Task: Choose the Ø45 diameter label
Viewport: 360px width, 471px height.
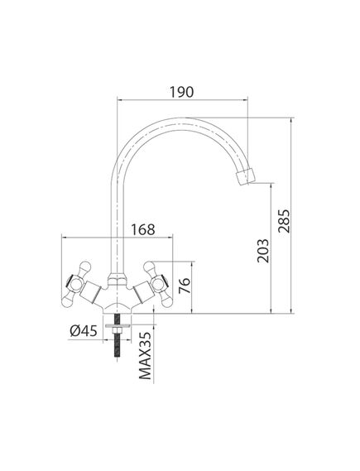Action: [x=83, y=332]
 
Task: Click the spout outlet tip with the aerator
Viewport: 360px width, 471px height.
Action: [x=249, y=177]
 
